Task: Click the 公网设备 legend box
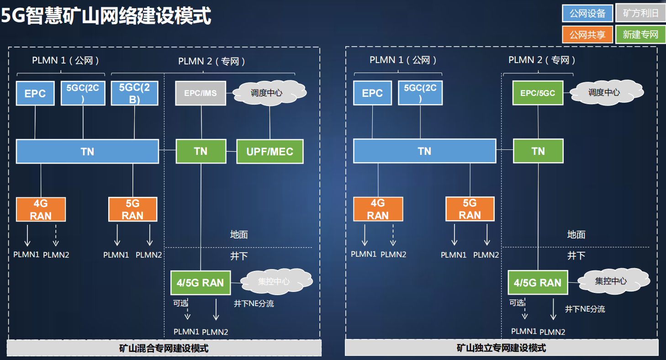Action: [x=587, y=13]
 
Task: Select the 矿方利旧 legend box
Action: [x=640, y=13]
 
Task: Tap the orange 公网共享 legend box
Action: [x=587, y=35]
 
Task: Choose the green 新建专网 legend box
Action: [x=640, y=35]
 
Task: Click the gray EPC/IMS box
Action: [x=201, y=93]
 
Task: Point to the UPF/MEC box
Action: [x=270, y=151]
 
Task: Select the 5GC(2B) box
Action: [x=134, y=93]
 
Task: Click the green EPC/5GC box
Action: [x=538, y=93]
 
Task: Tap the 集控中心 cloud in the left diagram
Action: [x=274, y=281]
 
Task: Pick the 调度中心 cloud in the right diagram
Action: [x=604, y=92]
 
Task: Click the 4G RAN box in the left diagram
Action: [x=41, y=209]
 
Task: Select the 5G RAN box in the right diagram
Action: [x=470, y=209]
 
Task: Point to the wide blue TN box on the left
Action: [x=87, y=151]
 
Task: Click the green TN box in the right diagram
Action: [x=538, y=151]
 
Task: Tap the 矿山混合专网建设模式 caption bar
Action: [x=164, y=348]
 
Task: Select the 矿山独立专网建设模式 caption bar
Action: [x=501, y=348]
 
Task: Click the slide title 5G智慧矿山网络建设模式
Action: [x=106, y=16]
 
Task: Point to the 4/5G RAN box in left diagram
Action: [x=201, y=283]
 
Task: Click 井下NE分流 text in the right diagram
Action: [x=585, y=309]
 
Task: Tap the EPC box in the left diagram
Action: [x=35, y=93]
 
